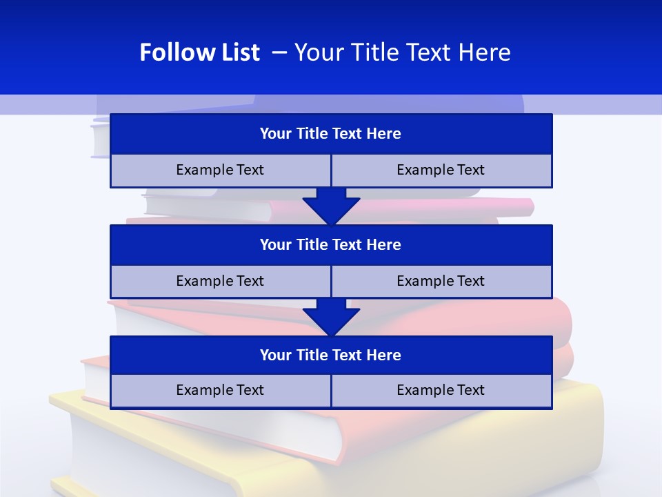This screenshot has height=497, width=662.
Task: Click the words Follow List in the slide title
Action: click(x=199, y=52)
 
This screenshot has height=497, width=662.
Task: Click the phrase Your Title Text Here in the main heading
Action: click(x=403, y=52)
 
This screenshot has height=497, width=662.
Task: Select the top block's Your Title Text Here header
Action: click(x=330, y=134)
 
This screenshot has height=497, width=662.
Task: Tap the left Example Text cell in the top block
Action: click(x=220, y=170)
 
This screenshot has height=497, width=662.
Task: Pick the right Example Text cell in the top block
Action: click(x=441, y=170)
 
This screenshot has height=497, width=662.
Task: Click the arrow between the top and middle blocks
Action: click(x=331, y=205)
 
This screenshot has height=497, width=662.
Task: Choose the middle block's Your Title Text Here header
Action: click(x=330, y=244)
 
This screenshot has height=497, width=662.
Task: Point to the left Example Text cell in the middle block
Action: click(x=220, y=281)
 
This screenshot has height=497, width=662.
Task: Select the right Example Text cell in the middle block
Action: click(x=441, y=281)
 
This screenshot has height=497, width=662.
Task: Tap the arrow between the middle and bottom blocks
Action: click(x=331, y=316)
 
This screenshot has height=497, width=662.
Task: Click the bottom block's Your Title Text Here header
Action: click(x=330, y=355)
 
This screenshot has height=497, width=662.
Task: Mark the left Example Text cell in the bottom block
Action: click(x=220, y=390)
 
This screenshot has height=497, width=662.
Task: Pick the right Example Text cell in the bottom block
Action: click(x=441, y=390)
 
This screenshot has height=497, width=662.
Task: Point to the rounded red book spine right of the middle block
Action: click(x=562, y=321)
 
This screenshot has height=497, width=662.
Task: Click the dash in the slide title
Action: click(x=279, y=52)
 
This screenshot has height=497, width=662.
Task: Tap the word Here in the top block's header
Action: click(x=384, y=134)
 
